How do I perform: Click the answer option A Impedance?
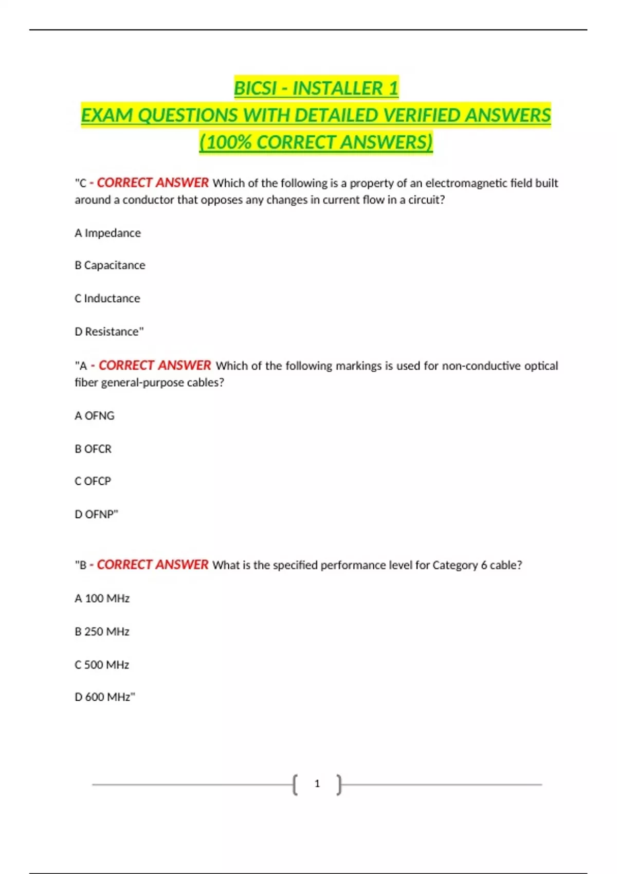click(x=107, y=233)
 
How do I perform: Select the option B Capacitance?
click(x=110, y=265)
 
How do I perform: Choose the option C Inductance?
click(x=107, y=298)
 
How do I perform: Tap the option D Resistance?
click(x=109, y=332)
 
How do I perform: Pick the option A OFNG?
click(x=95, y=415)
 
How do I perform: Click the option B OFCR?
click(x=93, y=449)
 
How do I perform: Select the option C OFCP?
click(x=93, y=481)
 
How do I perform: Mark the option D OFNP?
click(x=96, y=514)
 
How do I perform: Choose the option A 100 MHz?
click(x=102, y=598)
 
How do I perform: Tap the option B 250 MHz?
click(x=102, y=631)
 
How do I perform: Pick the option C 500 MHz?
click(x=102, y=665)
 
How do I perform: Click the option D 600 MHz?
click(x=104, y=697)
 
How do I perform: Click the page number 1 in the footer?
click(x=317, y=784)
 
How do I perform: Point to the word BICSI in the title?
click(x=255, y=88)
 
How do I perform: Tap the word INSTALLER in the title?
click(x=338, y=88)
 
